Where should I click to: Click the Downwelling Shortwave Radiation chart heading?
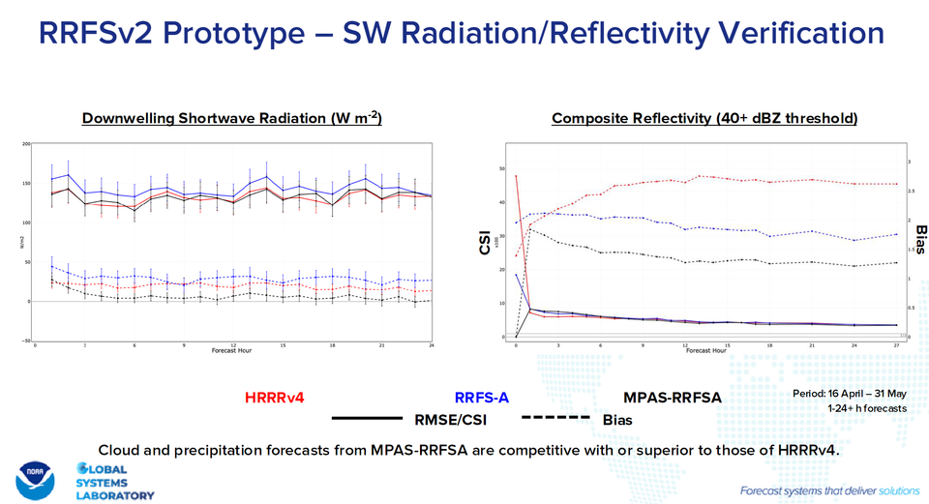(232, 119)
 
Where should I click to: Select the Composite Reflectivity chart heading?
(704, 119)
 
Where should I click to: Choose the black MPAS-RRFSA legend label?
(673, 397)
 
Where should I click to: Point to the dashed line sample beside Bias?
(555, 419)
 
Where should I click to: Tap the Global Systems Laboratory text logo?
(113, 481)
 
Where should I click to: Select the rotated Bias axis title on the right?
(920, 241)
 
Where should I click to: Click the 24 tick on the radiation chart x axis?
(431, 345)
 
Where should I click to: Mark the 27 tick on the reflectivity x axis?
(896, 345)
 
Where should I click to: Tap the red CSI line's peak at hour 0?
(517, 176)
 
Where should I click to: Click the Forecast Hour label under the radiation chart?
(233, 350)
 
